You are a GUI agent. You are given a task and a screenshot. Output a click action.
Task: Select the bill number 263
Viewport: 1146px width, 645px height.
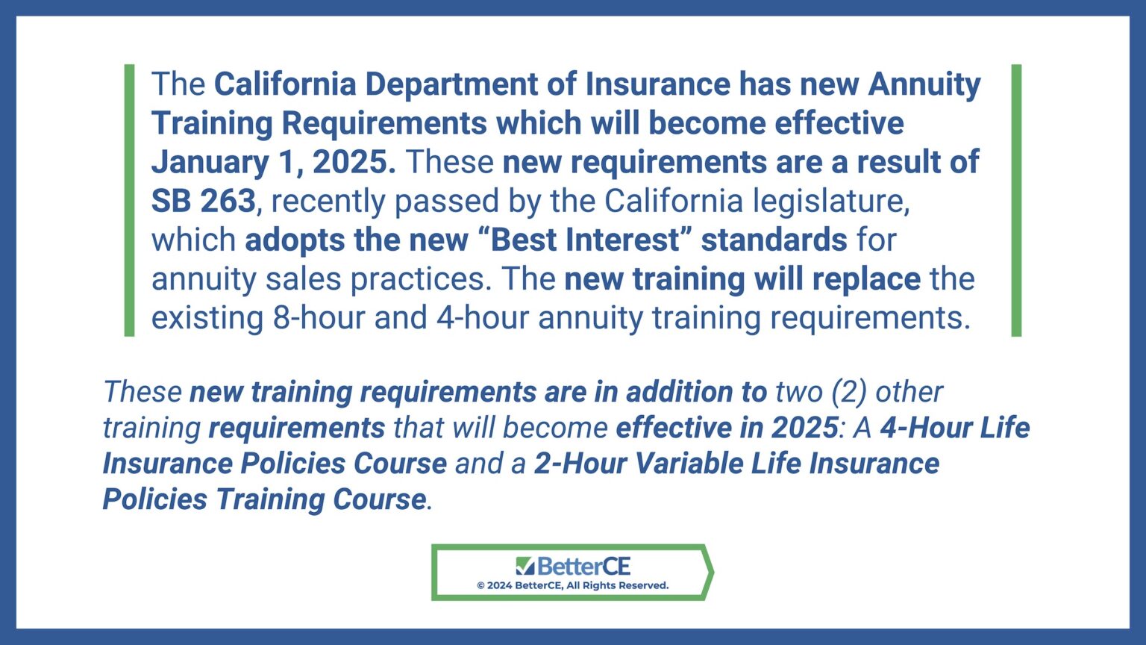tap(228, 201)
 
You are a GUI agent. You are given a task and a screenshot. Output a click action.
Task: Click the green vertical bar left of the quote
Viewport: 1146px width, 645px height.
tap(130, 200)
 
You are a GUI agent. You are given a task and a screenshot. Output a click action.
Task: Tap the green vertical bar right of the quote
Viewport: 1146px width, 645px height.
tap(1015, 200)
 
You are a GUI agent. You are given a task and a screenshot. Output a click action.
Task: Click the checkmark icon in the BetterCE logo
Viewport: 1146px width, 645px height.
tap(525, 566)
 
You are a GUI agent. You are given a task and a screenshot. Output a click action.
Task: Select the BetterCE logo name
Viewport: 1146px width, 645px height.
tap(583, 566)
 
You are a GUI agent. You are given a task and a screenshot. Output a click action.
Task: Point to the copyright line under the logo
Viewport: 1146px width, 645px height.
tap(572, 586)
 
